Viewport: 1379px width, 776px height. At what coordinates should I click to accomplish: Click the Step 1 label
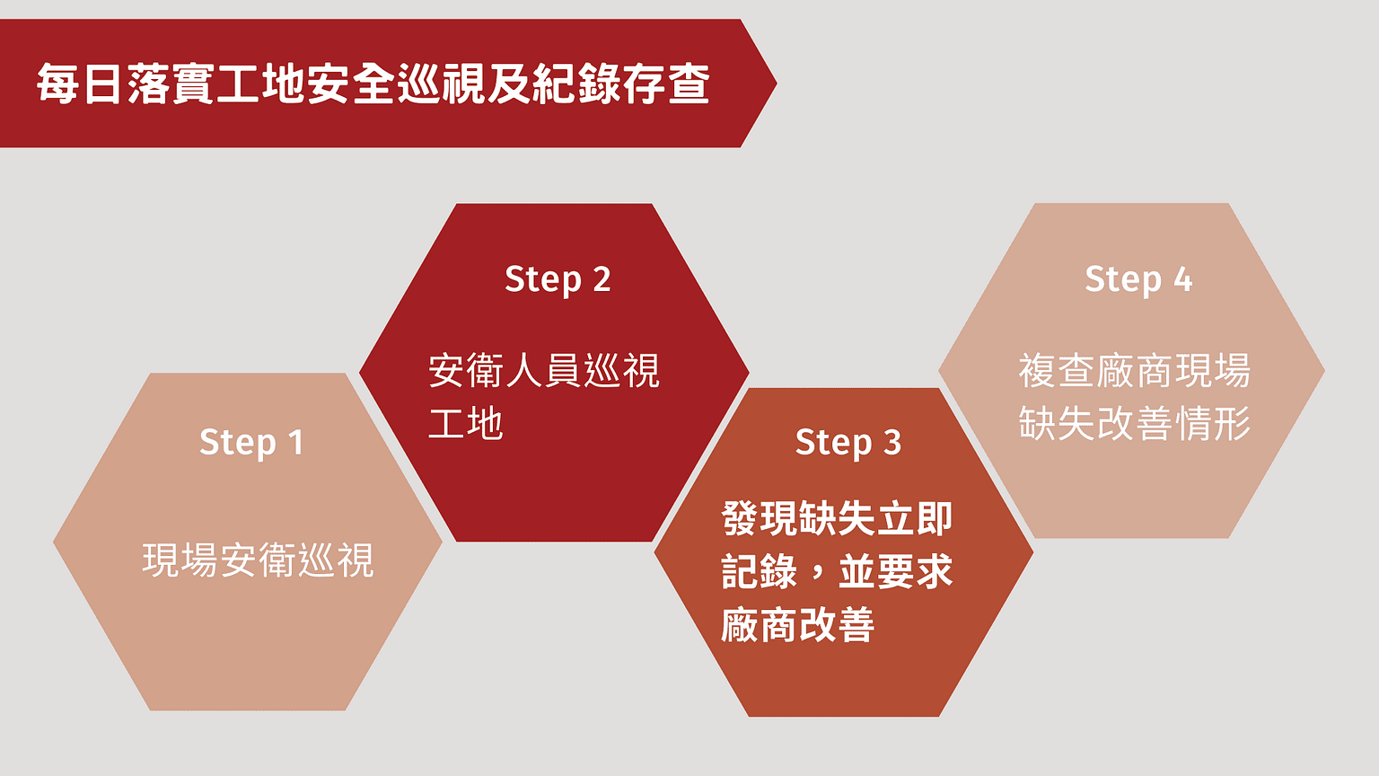251,443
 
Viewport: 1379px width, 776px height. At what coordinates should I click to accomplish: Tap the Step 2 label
558,280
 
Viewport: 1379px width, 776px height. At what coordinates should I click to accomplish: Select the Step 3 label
848,443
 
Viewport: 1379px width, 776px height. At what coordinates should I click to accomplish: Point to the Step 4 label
1139,280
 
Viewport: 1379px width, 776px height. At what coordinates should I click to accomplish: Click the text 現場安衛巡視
258,560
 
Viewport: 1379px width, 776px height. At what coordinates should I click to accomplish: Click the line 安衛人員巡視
543,371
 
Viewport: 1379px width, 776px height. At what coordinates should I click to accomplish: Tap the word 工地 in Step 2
465,423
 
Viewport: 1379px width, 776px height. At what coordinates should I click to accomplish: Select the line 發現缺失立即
838,518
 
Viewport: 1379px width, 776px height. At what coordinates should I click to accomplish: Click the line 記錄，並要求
838,571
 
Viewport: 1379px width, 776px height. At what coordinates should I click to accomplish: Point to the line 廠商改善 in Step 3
798,624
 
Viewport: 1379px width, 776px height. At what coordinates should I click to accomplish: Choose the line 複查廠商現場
1135,371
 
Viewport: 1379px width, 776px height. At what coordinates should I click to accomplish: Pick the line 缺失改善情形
1135,423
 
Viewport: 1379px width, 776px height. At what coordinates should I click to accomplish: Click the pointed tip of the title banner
777,84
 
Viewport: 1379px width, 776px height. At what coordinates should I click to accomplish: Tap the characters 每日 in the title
78,84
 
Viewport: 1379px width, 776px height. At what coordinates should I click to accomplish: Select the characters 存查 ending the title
667,84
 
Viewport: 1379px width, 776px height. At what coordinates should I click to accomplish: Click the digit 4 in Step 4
1182,279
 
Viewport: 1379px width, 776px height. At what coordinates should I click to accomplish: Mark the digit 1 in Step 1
296,442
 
